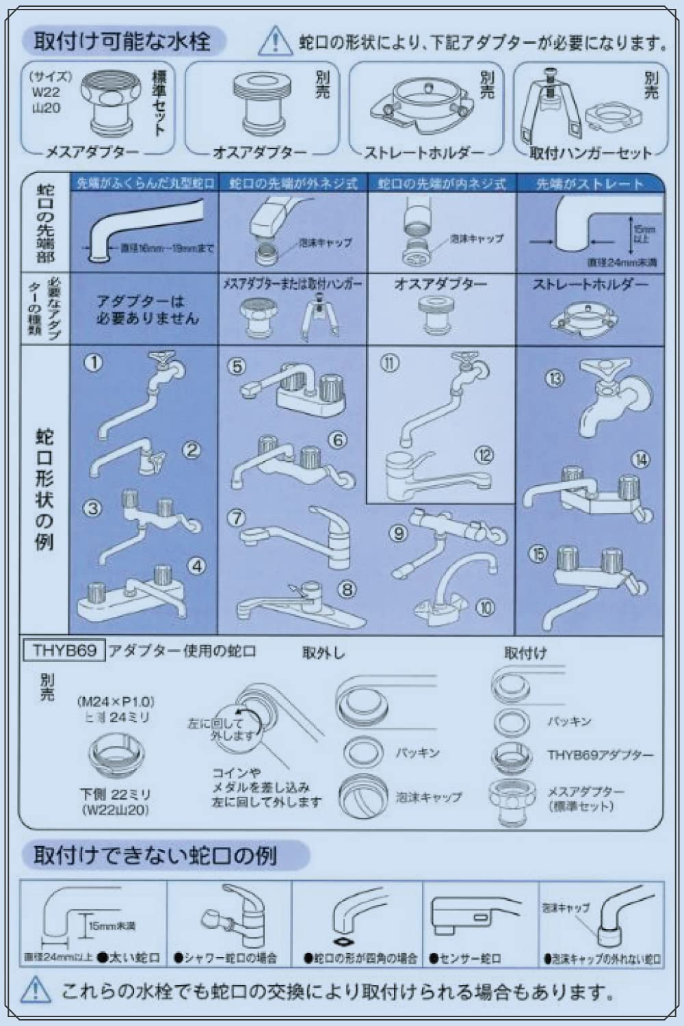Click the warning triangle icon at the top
tap(274, 41)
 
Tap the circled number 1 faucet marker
tap(93, 363)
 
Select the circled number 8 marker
tap(347, 588)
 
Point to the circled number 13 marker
tap(555, 378)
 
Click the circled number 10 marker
tap(485, 607)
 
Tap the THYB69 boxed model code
tap(64, 650)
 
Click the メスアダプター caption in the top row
tap(92, 153)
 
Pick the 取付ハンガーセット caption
tap(590, 153)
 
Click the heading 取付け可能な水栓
tap(122, 42)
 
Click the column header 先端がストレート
tap(590, 184)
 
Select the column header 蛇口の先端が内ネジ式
tap(442, 184)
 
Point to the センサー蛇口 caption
tap(469, 958)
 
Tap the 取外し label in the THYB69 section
tap(324, 653)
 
